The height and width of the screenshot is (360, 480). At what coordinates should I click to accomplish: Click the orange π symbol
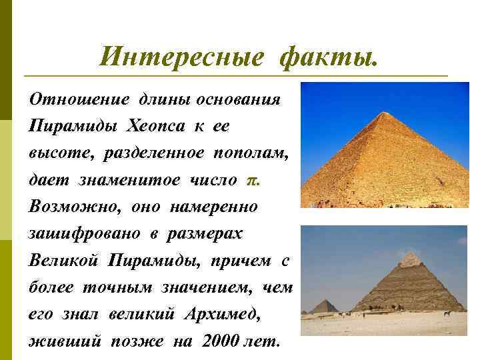coord(251,181)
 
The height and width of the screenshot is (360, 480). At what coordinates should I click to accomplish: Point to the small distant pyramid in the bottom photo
coord(325,305)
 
